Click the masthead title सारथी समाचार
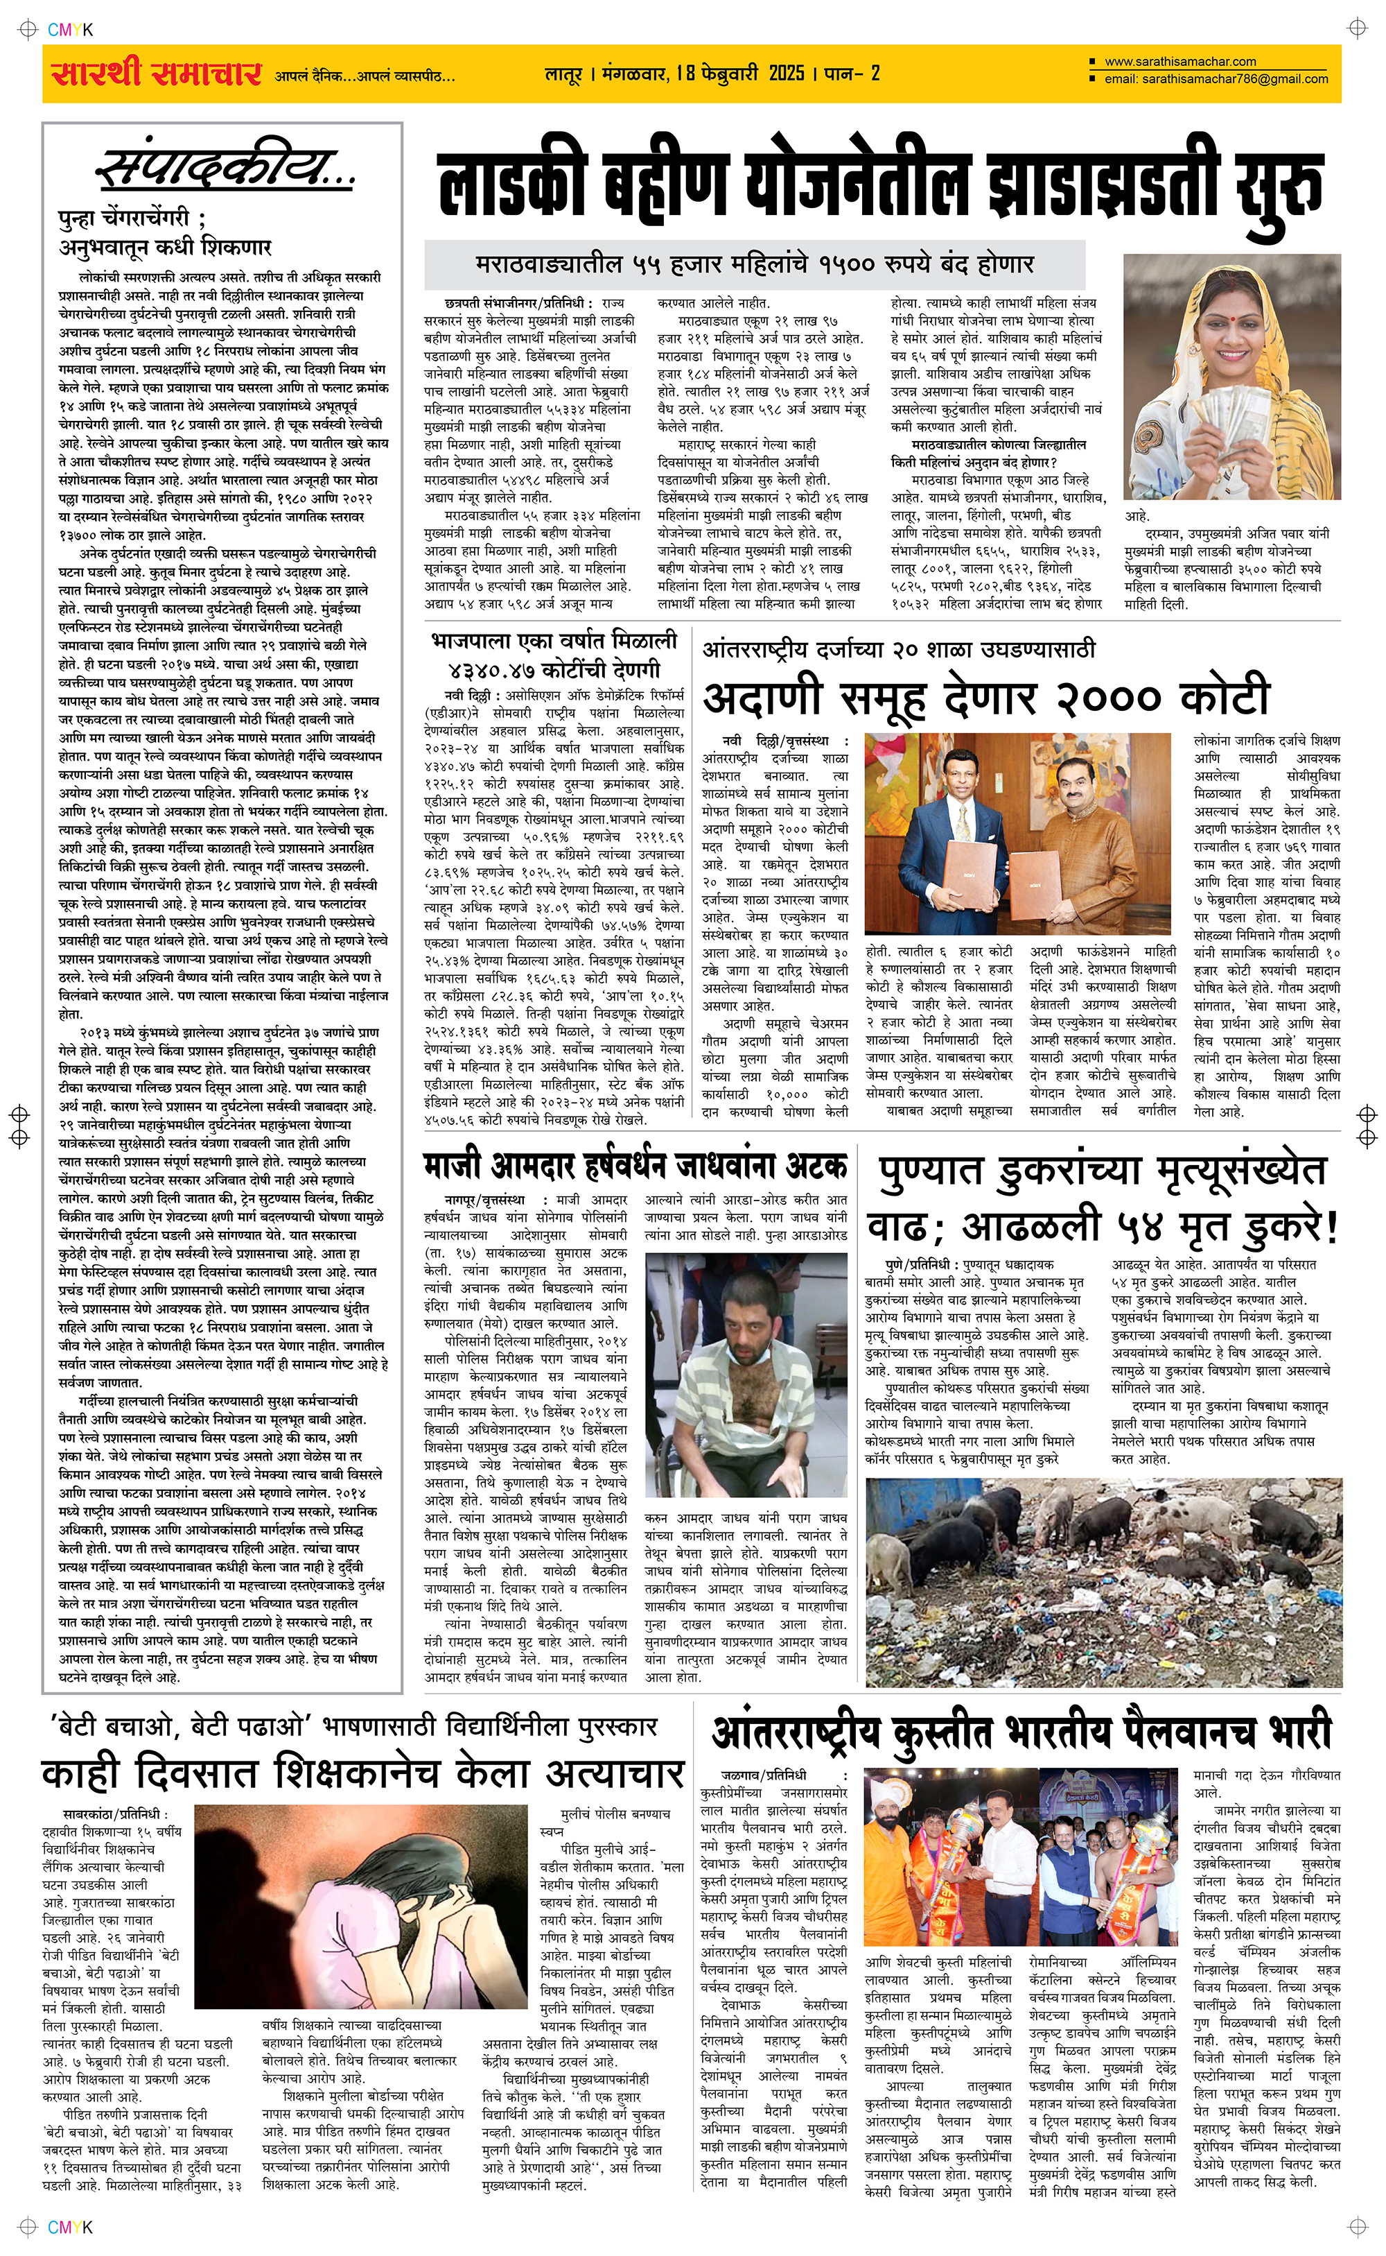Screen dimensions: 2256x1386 (x=156, y=74)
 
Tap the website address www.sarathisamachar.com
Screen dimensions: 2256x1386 (x=1179, y=62)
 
